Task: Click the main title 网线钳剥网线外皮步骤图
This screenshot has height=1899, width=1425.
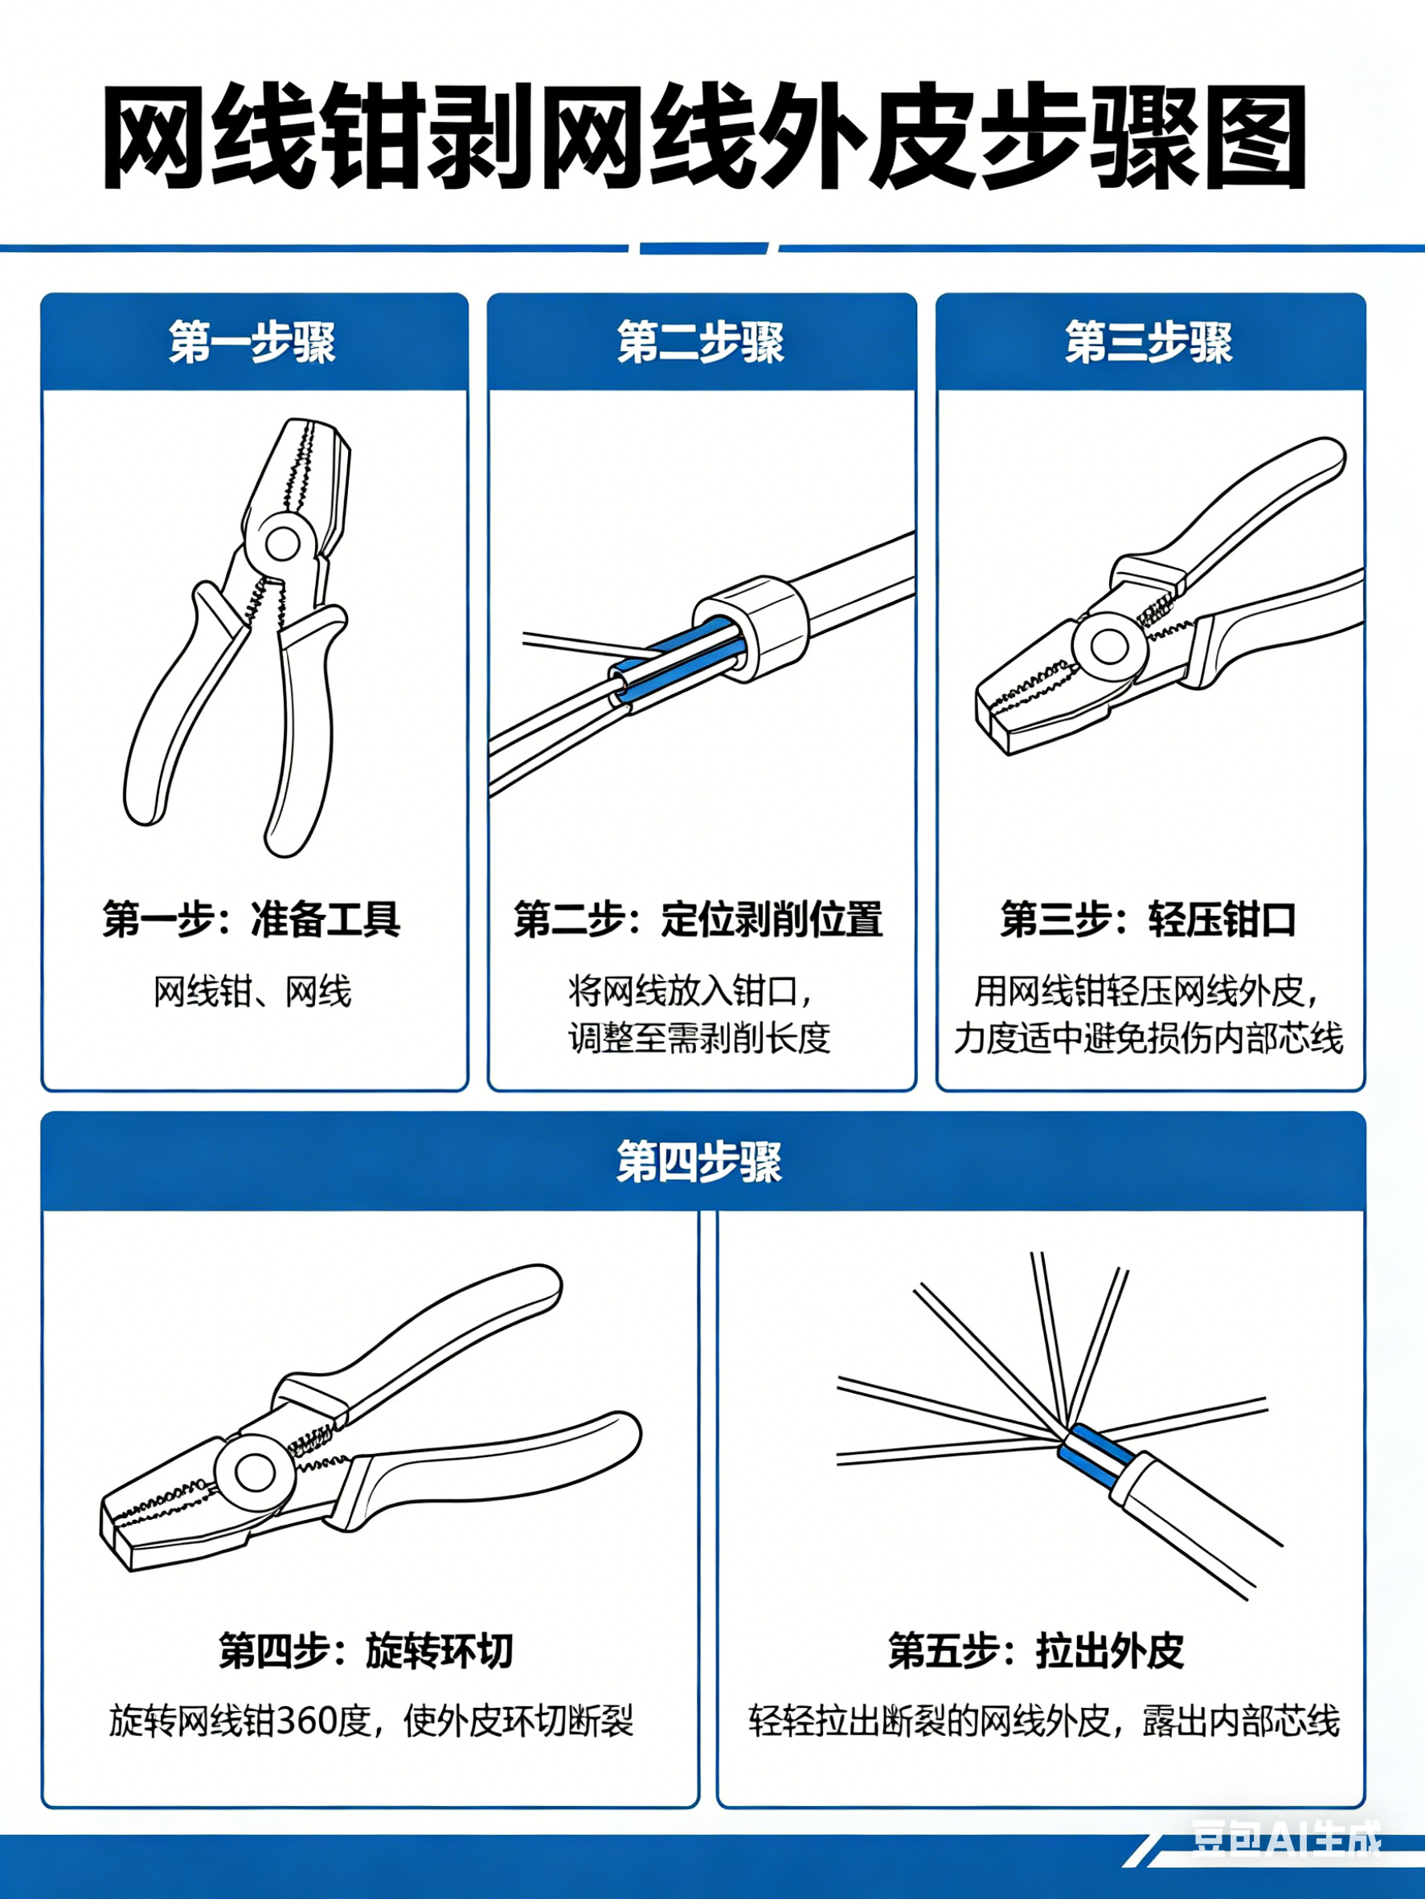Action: [704, 137]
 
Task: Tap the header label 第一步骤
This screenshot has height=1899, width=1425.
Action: [252, 342]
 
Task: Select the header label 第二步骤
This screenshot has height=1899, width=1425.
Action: [701, 342]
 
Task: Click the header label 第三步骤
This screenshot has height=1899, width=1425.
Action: [1149, 342]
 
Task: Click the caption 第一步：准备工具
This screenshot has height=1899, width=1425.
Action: [252, 919]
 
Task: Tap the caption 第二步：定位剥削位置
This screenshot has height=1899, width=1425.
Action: [698, 919]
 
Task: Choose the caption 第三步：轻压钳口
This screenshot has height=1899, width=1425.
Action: [1149, 919]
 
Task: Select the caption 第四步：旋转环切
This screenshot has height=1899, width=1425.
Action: [366, 1650]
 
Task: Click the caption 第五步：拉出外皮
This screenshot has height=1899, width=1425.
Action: [1037, 1650]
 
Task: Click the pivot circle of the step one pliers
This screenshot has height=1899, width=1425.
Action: [282, 542]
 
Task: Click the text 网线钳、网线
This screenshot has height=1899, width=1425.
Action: [252, 991]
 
